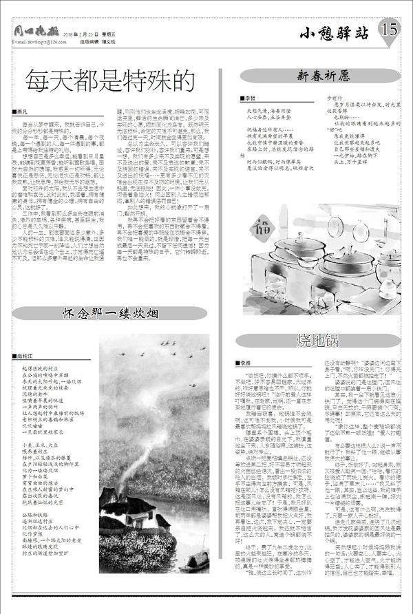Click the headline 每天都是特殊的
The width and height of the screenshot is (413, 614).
(108, 81)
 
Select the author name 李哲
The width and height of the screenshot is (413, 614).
(246, 98)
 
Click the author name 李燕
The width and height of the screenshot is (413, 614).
(248, 362)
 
